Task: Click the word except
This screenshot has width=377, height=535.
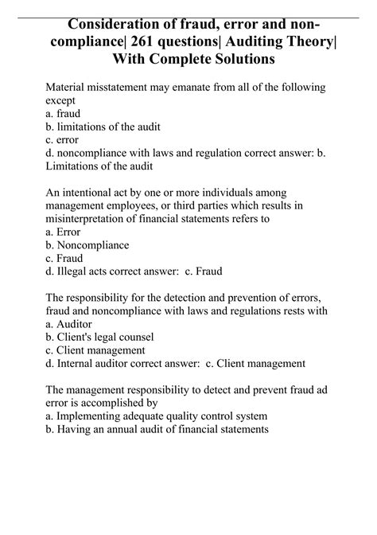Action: coord(64,101)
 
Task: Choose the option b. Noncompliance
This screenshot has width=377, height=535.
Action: coord(87,245)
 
